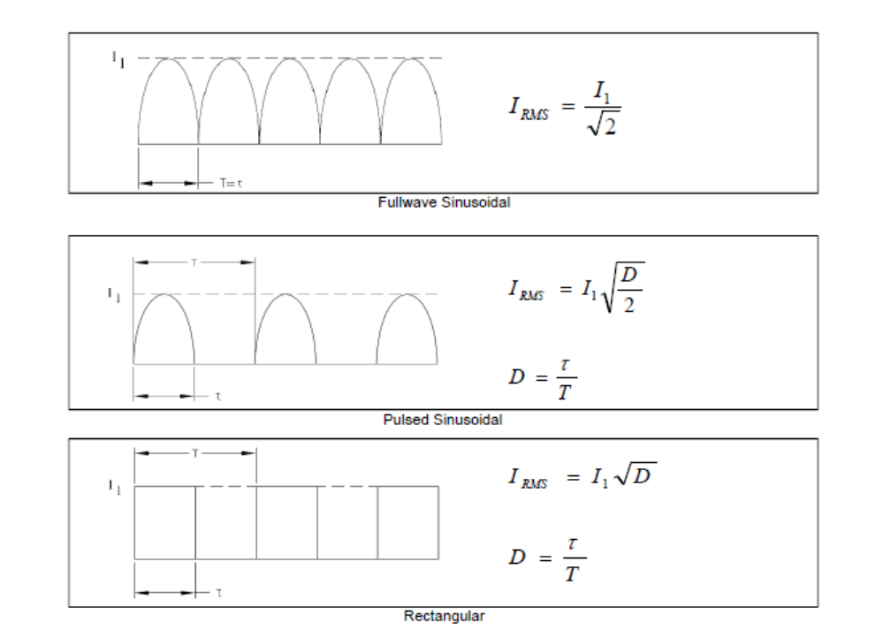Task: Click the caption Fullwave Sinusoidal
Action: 444,202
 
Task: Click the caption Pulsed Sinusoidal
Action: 443,420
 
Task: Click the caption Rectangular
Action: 444,616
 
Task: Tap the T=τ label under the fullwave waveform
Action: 232,183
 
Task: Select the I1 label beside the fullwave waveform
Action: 118,59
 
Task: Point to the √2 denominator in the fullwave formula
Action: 603,124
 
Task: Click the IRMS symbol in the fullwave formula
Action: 529,108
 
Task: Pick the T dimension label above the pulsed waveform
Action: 194,262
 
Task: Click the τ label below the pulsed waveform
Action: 218,397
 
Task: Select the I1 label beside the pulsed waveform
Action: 114,294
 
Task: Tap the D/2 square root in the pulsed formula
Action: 623,287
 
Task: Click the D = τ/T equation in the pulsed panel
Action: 543,379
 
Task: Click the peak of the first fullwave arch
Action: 168,58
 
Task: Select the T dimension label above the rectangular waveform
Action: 195,453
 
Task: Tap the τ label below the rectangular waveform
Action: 219,593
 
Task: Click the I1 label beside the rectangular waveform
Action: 115,487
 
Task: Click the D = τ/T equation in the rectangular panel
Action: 547,558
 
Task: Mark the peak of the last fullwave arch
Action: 412,58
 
